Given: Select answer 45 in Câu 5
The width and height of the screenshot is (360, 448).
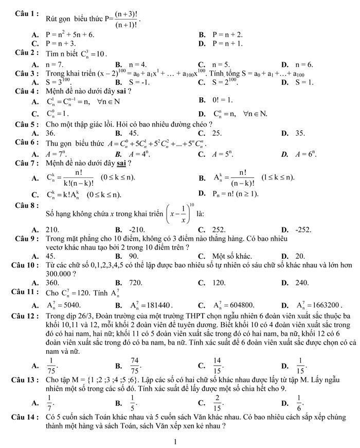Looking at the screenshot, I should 134,133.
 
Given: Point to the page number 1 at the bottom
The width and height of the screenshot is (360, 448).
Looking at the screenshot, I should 176,441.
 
